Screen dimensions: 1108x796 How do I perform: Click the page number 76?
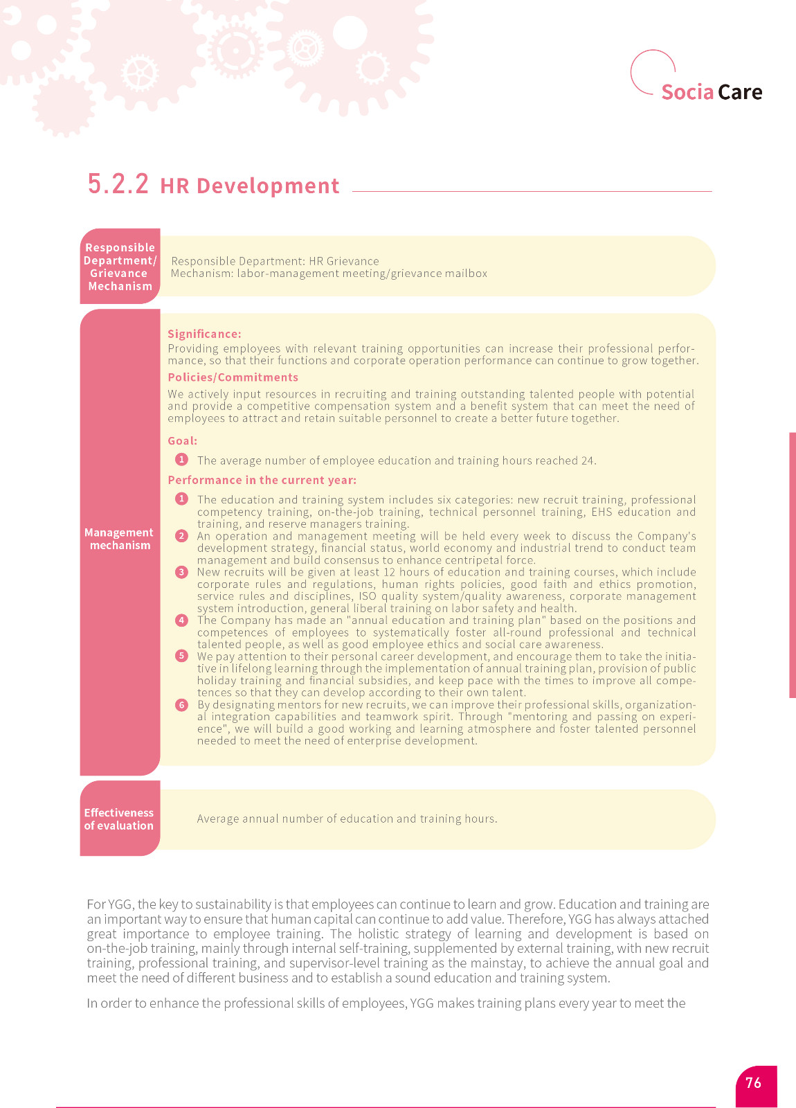(x=753, y=1082)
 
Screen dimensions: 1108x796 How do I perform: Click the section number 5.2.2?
(x=118, y=184)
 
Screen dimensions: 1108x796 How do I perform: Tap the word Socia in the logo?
(x=687, y=92)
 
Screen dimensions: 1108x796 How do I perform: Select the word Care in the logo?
(x=740, y=92)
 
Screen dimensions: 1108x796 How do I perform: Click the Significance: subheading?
(x=204, y=334)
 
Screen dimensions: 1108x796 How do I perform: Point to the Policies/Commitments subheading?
(x=233, y=377)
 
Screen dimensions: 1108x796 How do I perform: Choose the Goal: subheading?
(x=182, y=440)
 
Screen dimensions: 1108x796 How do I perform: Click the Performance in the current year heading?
(x=262, y=480)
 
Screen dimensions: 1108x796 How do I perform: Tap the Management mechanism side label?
(x=119, y=539)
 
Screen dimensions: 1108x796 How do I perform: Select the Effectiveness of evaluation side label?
(x=119, y=819)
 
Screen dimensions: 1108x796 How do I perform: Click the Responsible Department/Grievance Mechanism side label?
(x=120, y=267)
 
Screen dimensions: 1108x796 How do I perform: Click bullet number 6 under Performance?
(x=181, y=705)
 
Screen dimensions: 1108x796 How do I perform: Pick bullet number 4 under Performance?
(x=181, y=620)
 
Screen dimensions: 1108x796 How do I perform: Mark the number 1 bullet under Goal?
(x=181, y=460)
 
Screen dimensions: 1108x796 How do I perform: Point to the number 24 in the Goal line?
(x=588, y=461)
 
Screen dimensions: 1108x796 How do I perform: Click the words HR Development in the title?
(x=249, y=186)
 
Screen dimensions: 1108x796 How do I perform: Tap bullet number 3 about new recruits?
(x=181, y=572)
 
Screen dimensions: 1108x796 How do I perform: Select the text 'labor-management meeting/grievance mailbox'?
(x=362, y=274)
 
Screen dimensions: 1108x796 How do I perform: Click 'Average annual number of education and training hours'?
(x=346, y=819)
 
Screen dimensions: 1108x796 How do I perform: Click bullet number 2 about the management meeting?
(x=181, y=536)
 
